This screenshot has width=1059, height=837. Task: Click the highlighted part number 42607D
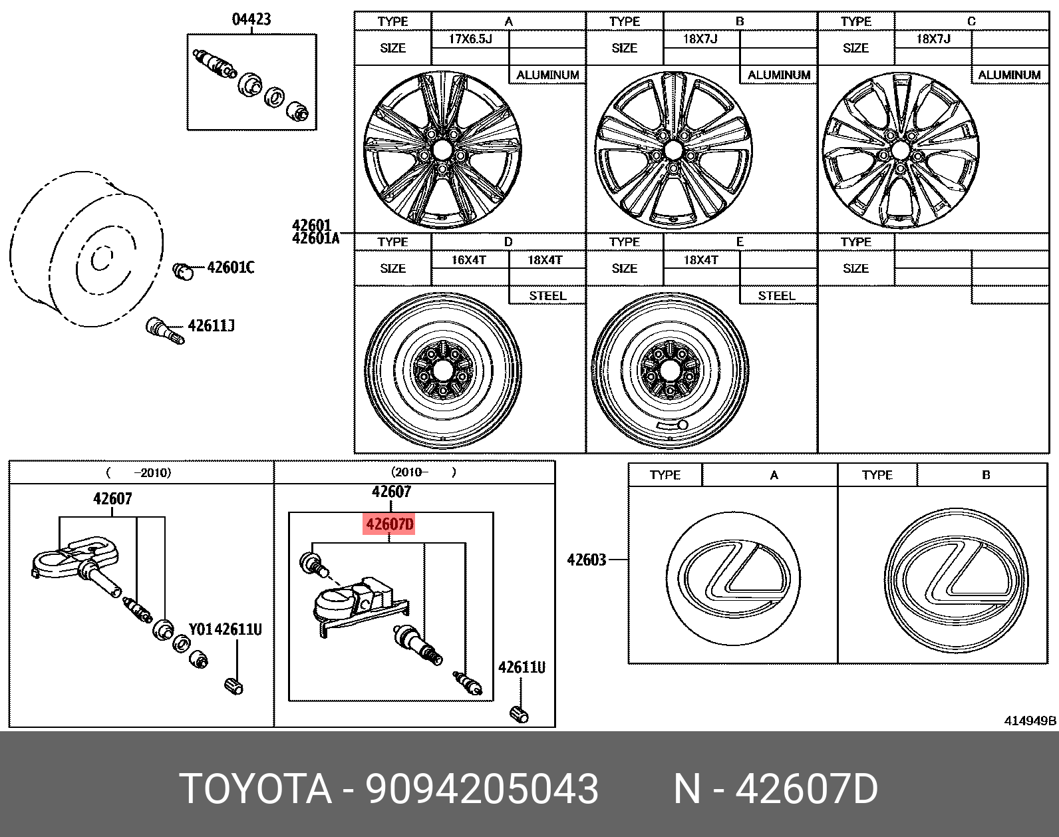tap(390, 524)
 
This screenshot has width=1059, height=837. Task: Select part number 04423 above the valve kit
tap(251, 19)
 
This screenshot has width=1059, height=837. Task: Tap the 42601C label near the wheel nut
tap(230, 267)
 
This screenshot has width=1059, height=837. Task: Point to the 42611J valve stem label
tap(211, 326)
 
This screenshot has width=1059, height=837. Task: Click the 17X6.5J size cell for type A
tap(470, 39)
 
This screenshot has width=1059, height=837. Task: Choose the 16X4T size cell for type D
tap(469, 260)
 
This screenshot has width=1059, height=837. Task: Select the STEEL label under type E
tap(776, 296)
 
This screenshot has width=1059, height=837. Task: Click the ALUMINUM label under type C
tap(1009, 75)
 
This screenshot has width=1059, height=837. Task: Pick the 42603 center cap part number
tap(586, 560)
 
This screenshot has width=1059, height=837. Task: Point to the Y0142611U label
tap(225, 629)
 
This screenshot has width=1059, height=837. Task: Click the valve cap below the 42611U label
tap(520, 715)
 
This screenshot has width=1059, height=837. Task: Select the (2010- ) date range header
tap(424, 472)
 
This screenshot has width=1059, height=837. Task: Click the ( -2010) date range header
tap(138, 472)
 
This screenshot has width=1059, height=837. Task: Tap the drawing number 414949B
tap(1030, 721)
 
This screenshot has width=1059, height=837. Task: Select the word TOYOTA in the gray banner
tap(255, 790)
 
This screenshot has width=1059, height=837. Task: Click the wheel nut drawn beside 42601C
tap(182, 271)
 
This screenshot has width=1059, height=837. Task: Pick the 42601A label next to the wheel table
tap(315, 238)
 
